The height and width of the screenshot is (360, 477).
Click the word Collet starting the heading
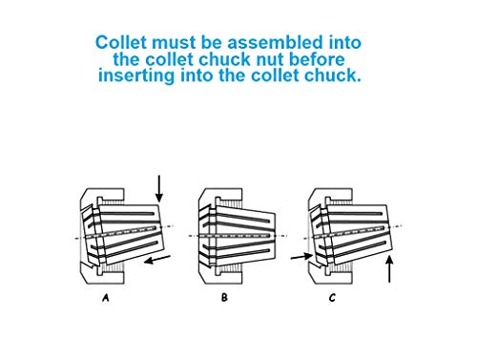click(122, 43)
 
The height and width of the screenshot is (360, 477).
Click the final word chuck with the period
click(334, 75)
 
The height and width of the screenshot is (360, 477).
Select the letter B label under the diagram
click(224, 298)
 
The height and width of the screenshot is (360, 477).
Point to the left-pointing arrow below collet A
click(160, 258)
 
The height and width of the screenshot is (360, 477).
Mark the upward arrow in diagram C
click(389, 271)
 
